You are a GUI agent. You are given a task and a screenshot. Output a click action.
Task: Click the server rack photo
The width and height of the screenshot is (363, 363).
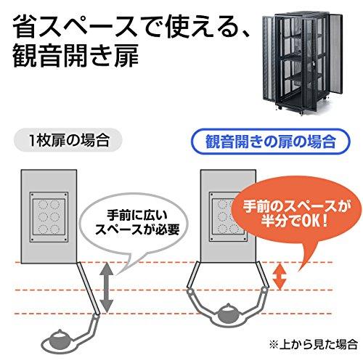(x=303, y=63)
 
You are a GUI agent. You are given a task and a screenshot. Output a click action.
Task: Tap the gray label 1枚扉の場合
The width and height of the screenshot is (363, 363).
(x=68, y=141)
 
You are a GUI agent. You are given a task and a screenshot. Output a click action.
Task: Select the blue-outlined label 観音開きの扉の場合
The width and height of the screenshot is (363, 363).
(x=271, y=142)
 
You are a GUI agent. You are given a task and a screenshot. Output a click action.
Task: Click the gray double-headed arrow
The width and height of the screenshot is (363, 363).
(x=107, y=287)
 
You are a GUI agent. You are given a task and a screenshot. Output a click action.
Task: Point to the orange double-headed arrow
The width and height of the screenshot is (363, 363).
(x=280, y=277)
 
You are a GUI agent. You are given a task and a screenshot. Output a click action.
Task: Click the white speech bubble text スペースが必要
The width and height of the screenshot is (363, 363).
(x=137, y=229)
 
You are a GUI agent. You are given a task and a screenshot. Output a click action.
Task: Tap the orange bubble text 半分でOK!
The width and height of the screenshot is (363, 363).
(x=295, y=221)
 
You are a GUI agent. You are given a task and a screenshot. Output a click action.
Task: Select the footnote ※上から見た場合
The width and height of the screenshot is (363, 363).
(x=313, y=344)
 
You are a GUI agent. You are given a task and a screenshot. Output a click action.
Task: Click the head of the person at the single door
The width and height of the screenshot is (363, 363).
(x=60, y=338)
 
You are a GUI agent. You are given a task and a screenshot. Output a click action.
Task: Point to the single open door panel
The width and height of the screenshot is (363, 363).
(x=88, y=288)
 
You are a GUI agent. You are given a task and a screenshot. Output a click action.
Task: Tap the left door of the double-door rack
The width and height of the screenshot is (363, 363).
(x=194, y=276)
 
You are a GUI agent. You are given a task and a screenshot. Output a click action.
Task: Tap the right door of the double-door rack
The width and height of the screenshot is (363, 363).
(x=262, y=275)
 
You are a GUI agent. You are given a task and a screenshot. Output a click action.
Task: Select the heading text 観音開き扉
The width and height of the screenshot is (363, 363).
(x=76, y=57)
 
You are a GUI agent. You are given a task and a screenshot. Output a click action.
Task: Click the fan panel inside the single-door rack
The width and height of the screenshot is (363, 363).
(x=49, y=217)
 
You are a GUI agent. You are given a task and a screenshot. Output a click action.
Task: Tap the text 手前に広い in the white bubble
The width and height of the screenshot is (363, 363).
(x=137, y=215)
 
